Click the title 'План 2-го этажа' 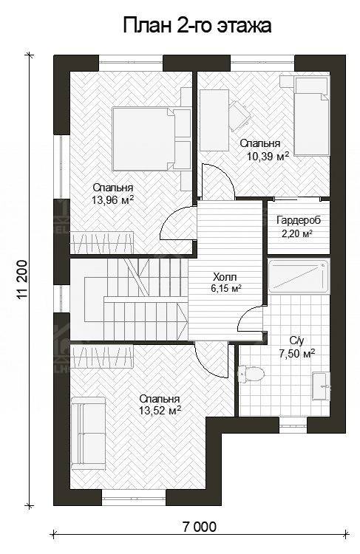(197, 26)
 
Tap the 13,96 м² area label (113, 200)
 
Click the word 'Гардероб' (299, 220)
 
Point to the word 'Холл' (225, 277)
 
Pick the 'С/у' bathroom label (296, 341)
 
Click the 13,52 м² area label (160, 411)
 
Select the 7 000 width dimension (200, 527)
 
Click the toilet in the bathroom (251, 374)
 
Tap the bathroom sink (321, 386)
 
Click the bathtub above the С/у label (299, 276)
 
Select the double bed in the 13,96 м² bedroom (143, 139)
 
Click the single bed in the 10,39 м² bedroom (312, 116)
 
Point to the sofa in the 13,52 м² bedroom (89, 433)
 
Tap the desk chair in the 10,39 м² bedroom (240, 114)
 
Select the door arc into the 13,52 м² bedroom (211, 360)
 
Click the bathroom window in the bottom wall (293, 425)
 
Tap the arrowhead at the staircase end (184, 321)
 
